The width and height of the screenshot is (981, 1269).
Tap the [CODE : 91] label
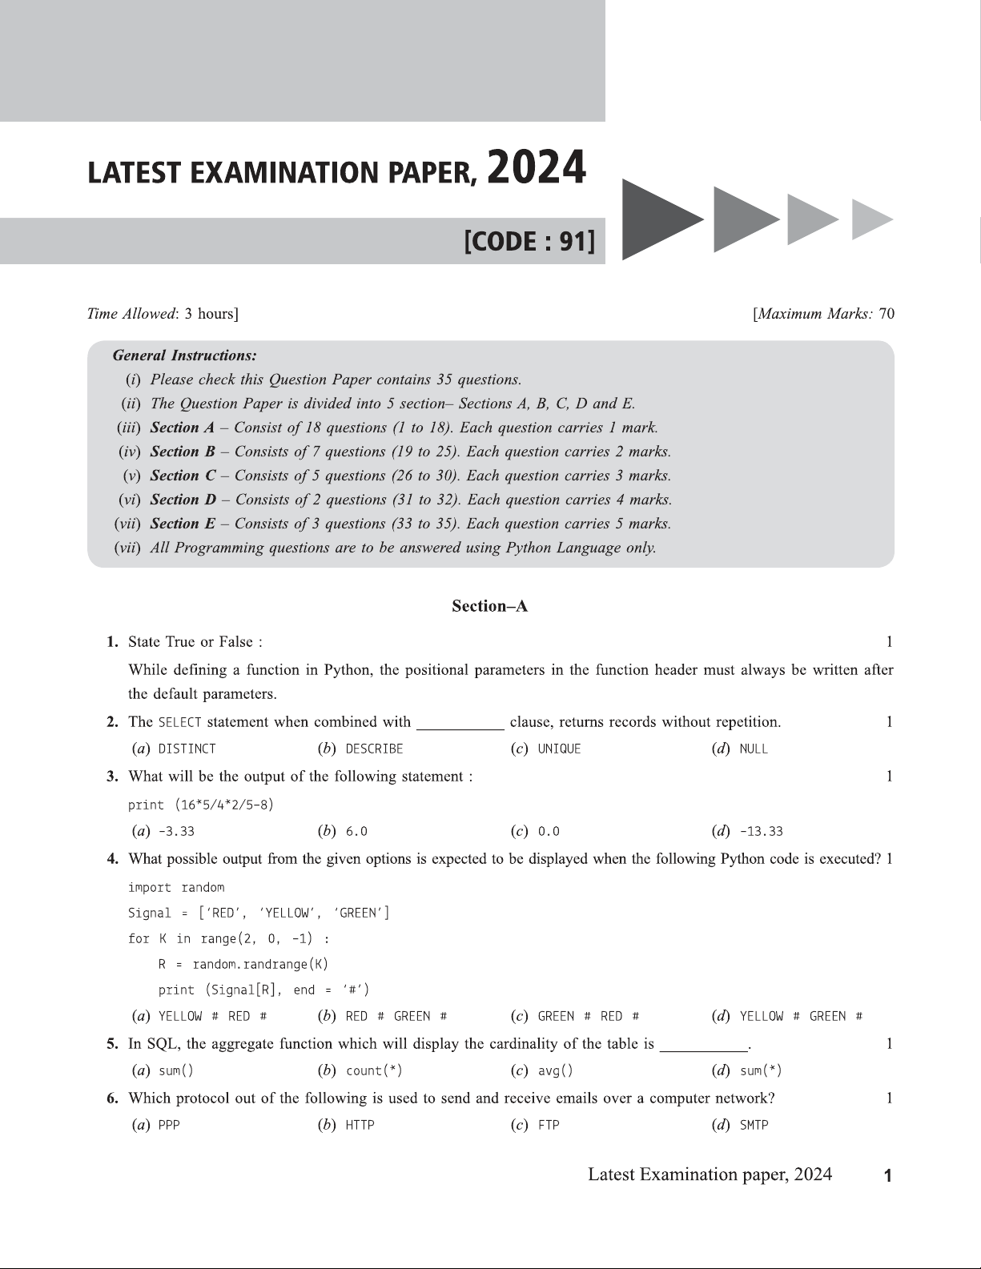530,241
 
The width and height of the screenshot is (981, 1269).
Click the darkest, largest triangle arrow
658,219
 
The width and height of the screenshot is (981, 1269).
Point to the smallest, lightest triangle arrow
871,219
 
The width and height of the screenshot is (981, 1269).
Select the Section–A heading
489,606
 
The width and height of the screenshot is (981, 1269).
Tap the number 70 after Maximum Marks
887,314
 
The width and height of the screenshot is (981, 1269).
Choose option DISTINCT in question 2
187,749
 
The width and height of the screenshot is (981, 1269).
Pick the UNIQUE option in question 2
559,749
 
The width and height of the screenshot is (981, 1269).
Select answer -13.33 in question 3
761,831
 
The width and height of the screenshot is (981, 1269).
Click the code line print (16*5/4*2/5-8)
201,805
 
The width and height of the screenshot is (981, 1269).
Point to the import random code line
176,887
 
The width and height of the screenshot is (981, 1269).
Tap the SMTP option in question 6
754,1126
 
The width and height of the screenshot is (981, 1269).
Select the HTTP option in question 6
360,1126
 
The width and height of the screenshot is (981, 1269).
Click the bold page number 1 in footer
887,1176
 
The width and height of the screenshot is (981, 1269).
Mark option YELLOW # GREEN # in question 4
801,1017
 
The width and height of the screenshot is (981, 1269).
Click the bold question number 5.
113,1044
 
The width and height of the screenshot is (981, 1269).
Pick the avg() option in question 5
555,1071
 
